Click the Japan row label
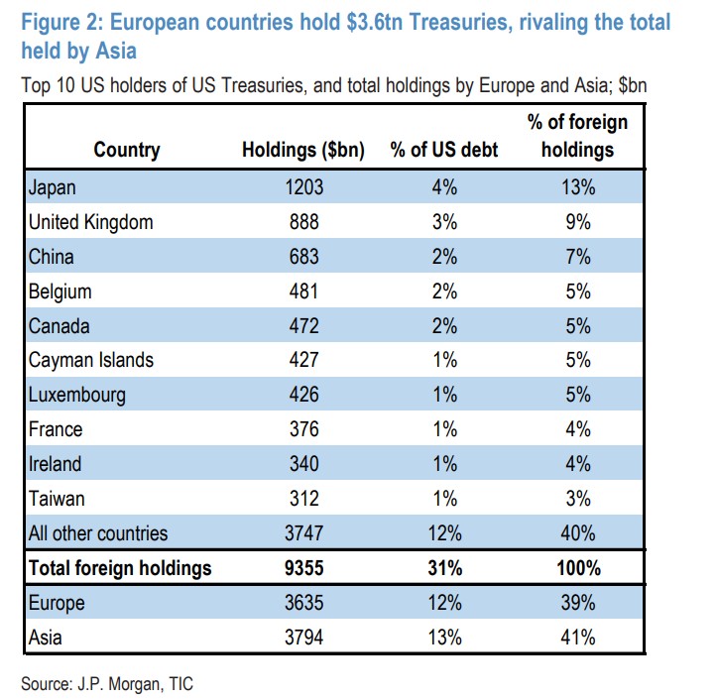(54, 187)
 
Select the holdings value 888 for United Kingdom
(302, 222)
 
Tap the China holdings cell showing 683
(302, 257)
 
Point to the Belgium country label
(60, 292)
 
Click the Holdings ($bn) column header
(302, 151)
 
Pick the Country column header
(127, 151)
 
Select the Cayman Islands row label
(91, 360)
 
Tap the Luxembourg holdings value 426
(302, 395)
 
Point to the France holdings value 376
(302, 429)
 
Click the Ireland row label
(56, 464)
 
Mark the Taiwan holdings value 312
(302, 499)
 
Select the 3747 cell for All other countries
(302, 533)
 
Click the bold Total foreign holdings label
(120, 568)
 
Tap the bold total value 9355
(302, 568)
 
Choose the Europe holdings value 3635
(302, 603)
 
